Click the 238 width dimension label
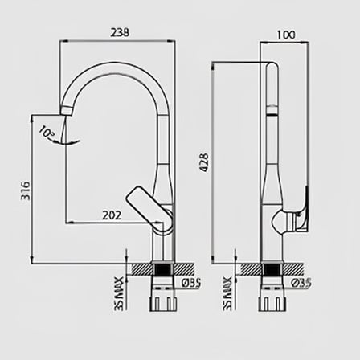point(120,32)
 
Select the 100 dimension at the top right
point(286,35)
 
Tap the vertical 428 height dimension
point(204,162)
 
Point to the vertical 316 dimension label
point(26,190)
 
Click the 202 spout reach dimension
point(112,215)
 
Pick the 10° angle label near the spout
point(47,132)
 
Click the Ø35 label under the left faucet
point(191,283)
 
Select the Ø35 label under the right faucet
point(301,283)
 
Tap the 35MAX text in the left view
point(119,294)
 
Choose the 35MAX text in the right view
point(228,294)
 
